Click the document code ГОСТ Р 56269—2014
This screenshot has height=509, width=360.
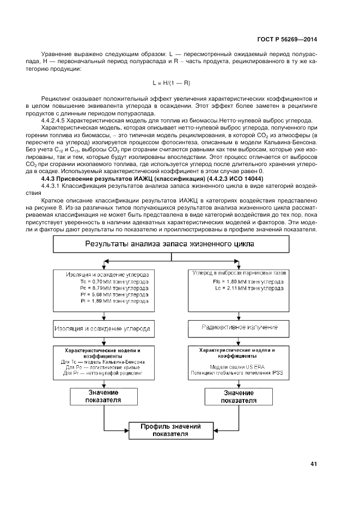click(288, 40)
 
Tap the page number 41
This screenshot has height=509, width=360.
click(313, 464)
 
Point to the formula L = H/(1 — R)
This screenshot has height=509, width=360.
click(171, 83)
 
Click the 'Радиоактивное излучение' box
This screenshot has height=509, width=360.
click(240, 328)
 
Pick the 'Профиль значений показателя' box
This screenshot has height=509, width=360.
click(170, 430)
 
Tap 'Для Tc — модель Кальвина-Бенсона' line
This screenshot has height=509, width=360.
click(102, 362)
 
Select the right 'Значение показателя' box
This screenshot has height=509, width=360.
click(239, 396)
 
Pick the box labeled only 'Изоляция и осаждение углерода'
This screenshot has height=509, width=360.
click(102, 328)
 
